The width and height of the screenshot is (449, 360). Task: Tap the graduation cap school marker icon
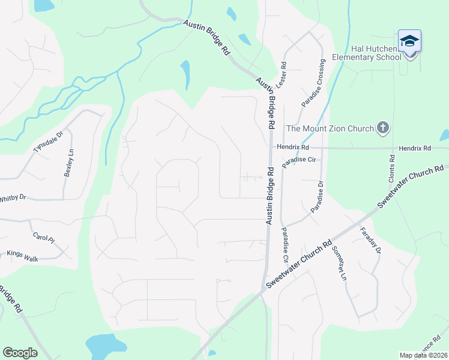(409, 41)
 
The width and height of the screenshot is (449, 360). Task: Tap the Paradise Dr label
(316, 196)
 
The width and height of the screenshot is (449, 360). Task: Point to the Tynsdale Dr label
(48, 143)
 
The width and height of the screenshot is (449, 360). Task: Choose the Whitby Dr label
(13, 197)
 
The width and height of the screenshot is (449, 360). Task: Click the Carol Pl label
(43, 238)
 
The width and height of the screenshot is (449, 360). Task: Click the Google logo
(20, 352)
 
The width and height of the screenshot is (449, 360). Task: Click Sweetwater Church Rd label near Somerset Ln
(300, 264)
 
